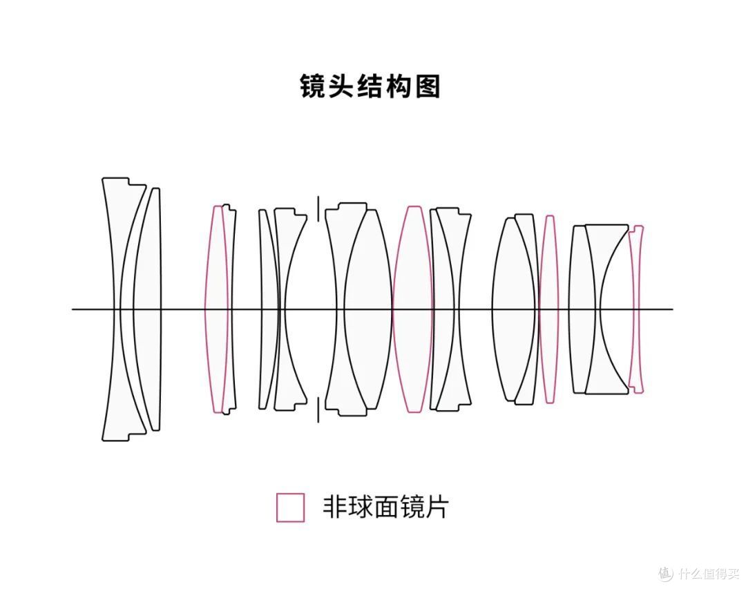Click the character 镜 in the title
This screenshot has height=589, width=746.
click(314, 86)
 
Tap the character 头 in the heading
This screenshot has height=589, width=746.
click(342, 86)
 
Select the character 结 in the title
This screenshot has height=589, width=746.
click(370, 86)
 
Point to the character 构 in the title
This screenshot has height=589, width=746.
click(399, 86)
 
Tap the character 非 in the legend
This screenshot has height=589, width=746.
click(336, 507)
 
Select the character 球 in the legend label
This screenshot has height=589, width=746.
click(361, 507)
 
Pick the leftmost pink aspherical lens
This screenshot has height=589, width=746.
click(216, 309)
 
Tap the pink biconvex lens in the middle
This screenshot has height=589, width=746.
click(413, 309)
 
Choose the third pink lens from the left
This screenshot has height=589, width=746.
click(549, 309)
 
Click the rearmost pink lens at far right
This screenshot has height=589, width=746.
click(635, 309)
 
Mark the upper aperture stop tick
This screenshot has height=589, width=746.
click(318, 209)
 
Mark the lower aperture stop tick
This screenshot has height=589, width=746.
click(318, 410)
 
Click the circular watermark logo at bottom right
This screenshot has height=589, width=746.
click(666, 573)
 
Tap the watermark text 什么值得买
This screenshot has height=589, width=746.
click(709, 574)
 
